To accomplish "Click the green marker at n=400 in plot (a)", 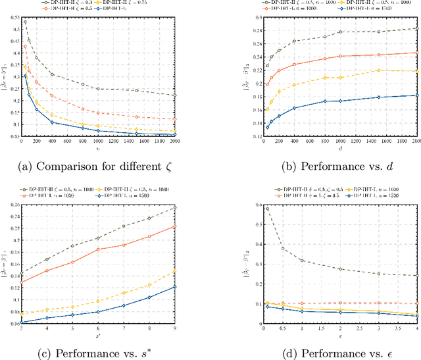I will point(53,74).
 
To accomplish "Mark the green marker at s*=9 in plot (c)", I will point(175,207).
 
